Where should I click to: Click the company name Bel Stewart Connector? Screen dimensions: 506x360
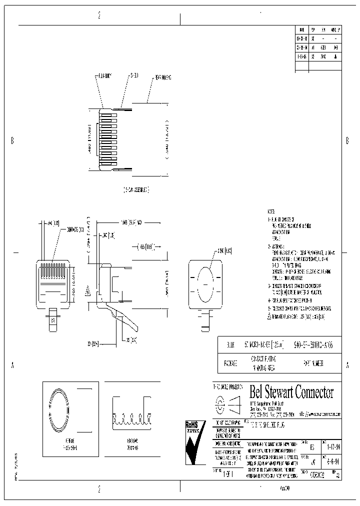(x=291, y=392)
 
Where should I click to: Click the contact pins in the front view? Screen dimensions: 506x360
(x=52, y=270)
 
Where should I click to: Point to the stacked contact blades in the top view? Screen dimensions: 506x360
(x=108, y=140)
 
